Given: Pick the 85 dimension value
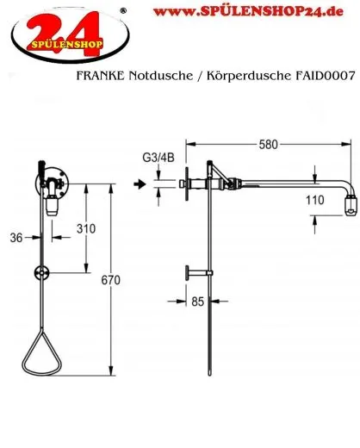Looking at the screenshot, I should (198, 302).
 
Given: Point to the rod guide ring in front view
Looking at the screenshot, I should (44, 275).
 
